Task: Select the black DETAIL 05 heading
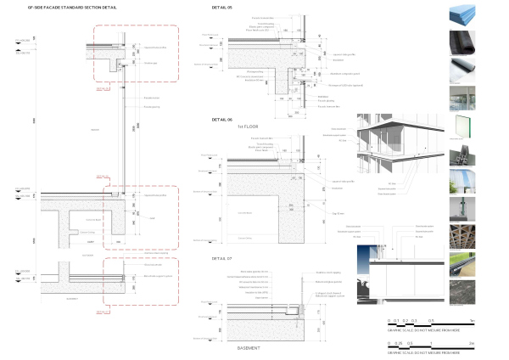222,7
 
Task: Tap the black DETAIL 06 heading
222,120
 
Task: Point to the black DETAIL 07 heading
222,257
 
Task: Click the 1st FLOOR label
247,127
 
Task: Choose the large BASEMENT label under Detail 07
249,348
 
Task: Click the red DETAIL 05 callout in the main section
104,87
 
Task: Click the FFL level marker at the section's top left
23,41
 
